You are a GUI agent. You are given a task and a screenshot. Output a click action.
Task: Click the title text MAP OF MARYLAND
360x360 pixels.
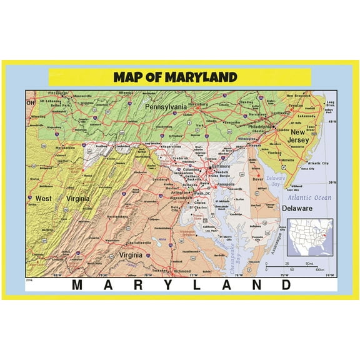176,77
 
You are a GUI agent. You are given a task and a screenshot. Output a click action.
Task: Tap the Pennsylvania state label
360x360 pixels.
166,107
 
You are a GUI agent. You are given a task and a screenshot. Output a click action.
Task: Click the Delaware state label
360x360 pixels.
297,207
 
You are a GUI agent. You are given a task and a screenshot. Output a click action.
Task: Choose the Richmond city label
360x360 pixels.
181,271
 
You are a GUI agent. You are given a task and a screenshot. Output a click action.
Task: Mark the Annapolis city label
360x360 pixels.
226,185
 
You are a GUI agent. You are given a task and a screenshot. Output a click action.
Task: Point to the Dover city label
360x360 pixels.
258,180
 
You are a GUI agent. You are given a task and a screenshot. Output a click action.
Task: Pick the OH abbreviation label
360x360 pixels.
30,102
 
